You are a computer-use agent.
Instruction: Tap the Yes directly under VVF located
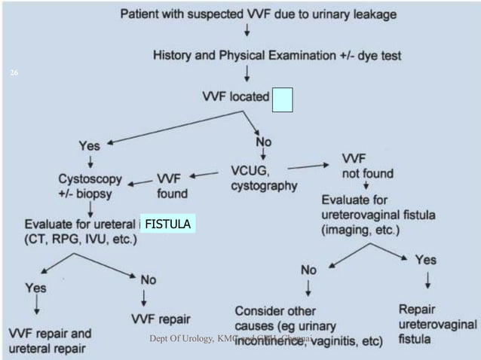click(93, 145)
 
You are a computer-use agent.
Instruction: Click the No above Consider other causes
click(309, 269)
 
